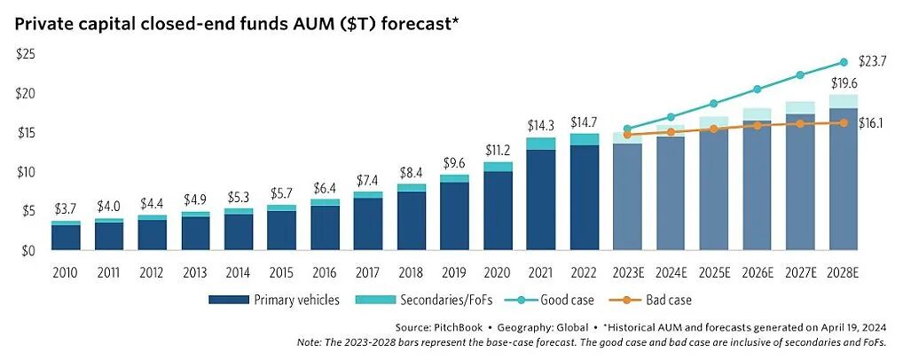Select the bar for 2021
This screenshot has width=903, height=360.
[540, 195]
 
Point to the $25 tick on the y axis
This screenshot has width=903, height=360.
[26, 55]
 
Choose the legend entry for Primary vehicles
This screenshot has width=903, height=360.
[274, 300]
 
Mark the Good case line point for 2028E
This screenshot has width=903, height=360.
[843, 62]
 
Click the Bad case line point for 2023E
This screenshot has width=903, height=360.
[627, 135]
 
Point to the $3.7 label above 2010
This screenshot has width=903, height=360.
[66, 209]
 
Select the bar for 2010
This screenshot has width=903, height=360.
[66, 236]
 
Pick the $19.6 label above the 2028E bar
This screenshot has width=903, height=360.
[843, 83]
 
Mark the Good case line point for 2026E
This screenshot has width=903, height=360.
[757, 89]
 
